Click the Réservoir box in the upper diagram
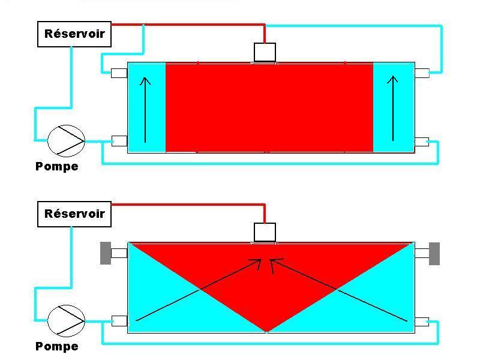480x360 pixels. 74,34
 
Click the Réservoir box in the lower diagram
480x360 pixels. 74,214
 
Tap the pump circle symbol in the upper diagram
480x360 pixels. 66,140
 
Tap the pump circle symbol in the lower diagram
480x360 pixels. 66,320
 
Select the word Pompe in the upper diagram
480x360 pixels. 57,166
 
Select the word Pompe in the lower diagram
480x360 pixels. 57,346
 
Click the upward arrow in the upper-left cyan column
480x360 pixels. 145,108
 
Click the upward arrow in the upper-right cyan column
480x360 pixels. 394,108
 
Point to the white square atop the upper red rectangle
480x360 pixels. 265,52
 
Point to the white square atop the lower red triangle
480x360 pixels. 265,232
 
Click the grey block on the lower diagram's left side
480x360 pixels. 106,253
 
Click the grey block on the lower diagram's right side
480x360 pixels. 434,253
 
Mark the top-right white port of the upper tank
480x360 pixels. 422,73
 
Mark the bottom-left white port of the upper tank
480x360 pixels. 119,141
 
